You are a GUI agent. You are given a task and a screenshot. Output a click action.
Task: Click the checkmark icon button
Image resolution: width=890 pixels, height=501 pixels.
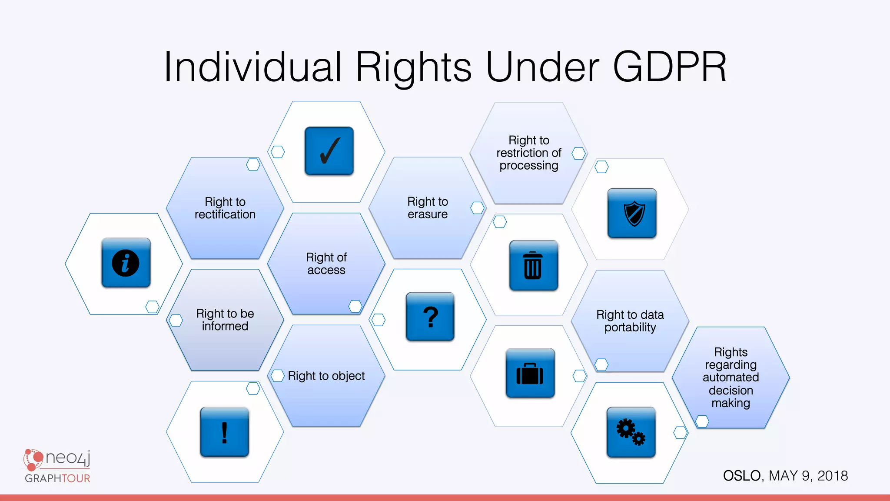click(x=329, y=151)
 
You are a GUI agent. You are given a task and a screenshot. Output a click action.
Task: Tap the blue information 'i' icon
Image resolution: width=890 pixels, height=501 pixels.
click(x=126, y=263)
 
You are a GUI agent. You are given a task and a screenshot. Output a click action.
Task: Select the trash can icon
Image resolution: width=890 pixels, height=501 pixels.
click(x=533, y=265)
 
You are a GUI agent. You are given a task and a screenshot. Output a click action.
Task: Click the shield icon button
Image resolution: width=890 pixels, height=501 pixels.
click(x=632, y=213)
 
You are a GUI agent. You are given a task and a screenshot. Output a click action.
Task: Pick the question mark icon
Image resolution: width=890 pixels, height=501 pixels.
click(x=430, y=317)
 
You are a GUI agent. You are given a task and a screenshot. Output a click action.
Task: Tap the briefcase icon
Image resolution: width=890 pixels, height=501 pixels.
click(x=530, y=373)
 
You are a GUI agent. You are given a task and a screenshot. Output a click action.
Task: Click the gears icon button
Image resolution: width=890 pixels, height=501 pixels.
click(x=631, y=432)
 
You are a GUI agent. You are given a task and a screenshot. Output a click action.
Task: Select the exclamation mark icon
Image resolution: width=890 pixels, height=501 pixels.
click(x=224, y=432)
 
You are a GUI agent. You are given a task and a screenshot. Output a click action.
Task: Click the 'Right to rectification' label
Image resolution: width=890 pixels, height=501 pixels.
click(x=225, y=208)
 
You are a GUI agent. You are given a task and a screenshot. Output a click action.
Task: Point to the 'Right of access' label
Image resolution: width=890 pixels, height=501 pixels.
click(x=326, y=264)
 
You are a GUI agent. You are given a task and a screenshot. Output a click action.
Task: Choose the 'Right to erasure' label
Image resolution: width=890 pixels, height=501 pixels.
click(x=428, y=208)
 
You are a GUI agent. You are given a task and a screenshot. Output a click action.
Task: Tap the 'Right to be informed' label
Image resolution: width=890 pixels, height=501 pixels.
click(x=225, y=320)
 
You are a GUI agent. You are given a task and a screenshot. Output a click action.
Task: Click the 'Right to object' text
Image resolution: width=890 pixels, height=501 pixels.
click(x=326, y=376)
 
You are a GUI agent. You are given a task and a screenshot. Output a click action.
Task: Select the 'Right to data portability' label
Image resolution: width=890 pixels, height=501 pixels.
click(x=630, y=321)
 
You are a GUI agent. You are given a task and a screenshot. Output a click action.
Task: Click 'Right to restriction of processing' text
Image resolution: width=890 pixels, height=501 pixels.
click(x=529, y=153)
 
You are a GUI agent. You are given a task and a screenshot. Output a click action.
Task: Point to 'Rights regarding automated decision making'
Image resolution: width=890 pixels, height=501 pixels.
click(x=731, y=377)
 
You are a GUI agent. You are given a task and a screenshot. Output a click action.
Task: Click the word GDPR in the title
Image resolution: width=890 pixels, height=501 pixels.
click(x=669, y=67)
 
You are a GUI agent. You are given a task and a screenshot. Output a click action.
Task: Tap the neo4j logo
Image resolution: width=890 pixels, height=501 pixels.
click(x=57, y=459)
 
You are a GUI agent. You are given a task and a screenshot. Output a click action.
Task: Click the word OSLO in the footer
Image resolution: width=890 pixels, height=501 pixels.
click(x=742, y=476)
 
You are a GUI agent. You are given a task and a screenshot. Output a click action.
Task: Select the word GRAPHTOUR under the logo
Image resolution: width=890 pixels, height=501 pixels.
click(x=57, y=478)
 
